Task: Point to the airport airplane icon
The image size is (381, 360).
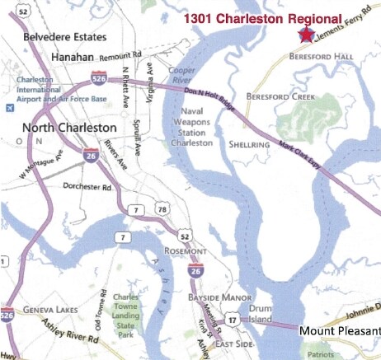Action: [9, 107]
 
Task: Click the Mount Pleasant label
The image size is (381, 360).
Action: [338, 331]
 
